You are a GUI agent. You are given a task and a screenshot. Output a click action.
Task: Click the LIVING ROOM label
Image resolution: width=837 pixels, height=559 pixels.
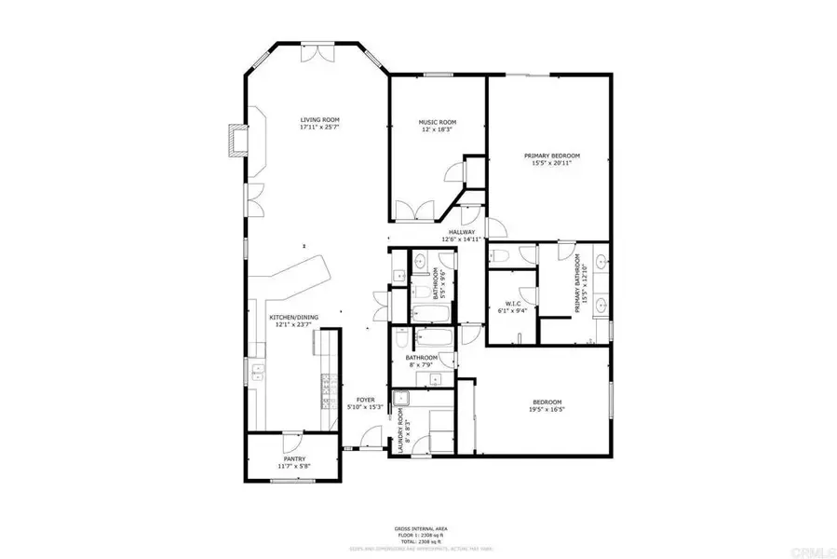click(x=319, y=119)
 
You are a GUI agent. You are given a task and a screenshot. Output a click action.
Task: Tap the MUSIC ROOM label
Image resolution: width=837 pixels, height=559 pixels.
click(x=437, y=122)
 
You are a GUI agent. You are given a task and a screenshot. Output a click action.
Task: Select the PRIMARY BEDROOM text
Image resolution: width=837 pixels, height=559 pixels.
click(x=551, y=155)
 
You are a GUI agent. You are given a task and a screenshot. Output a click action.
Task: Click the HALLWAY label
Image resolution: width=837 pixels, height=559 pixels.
click(x=462, y=232)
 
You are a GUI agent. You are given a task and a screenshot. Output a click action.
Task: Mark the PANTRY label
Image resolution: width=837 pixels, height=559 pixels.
click(x=293, y=459)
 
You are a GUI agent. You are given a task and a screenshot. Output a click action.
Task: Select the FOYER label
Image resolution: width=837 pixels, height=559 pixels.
click(x=365, y=400)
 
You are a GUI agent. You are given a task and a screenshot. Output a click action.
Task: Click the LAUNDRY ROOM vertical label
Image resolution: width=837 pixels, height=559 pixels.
click(x=401, y=429)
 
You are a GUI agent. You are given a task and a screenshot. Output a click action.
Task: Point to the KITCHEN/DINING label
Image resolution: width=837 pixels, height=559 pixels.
click(x=293, y=318)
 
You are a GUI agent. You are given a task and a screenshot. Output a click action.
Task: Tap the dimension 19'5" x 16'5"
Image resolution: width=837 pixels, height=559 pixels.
click(x=547, y=408)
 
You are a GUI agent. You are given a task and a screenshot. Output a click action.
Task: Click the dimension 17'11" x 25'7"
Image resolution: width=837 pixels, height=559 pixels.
click(x=319, y=127)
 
